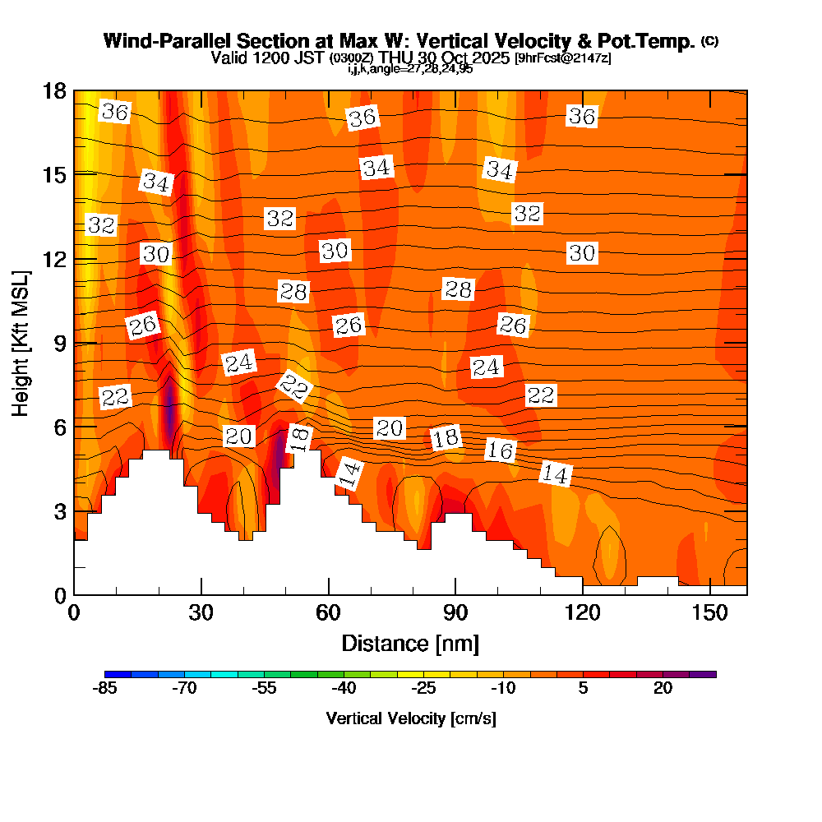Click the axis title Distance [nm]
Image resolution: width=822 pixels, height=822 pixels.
tap(410, 643)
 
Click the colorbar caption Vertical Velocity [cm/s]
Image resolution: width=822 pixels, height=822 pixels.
tap(411, 718)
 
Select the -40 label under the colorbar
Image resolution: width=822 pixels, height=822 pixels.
tap(342, 689)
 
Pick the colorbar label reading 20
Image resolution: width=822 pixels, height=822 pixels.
tap(663, 689)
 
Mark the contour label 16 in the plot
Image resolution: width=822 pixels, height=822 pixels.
tap(500, 450)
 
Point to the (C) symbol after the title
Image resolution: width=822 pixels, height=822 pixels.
tap(710, 41)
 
